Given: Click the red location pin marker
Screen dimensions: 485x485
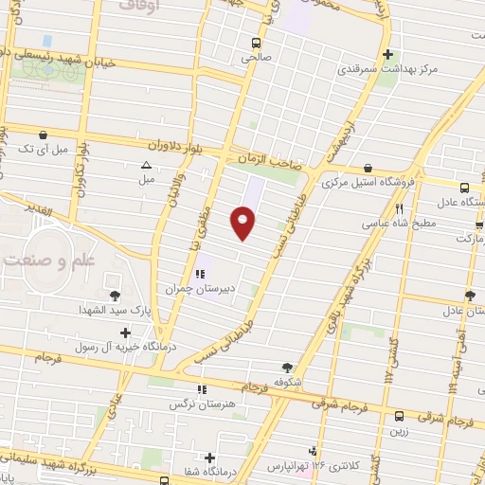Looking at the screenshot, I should tap(242, 223).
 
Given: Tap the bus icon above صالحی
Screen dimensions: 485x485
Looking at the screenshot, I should tap(256, 43).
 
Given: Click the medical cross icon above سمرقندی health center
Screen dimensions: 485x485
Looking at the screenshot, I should tap(387, 54).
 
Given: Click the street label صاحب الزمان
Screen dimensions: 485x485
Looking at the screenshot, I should tap(268, 163).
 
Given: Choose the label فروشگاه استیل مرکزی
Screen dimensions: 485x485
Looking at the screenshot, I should tap(366, 183).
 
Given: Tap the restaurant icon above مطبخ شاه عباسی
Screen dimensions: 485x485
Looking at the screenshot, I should tap(400, 209).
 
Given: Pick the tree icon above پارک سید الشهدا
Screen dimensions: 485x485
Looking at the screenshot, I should tap(116, 296).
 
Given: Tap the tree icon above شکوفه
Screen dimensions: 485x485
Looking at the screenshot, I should tap(288, 368).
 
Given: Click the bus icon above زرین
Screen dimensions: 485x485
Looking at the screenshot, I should tap(400, 415).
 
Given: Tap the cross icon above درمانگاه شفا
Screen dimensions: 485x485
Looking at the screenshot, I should tap(208, 458).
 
